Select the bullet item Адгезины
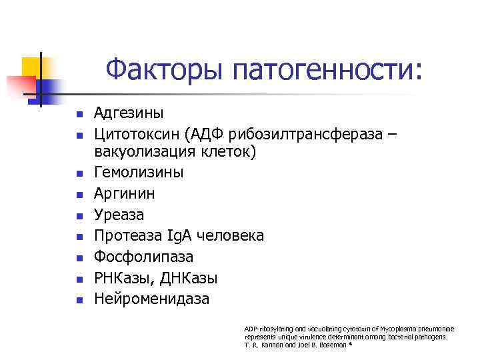point(129,113)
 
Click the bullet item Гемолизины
point(139,172)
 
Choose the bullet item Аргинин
point(125,193)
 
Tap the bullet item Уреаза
point(119,215)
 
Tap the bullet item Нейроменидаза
point(151,299)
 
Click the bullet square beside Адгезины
point(78,114)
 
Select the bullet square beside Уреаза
point(78,215)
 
